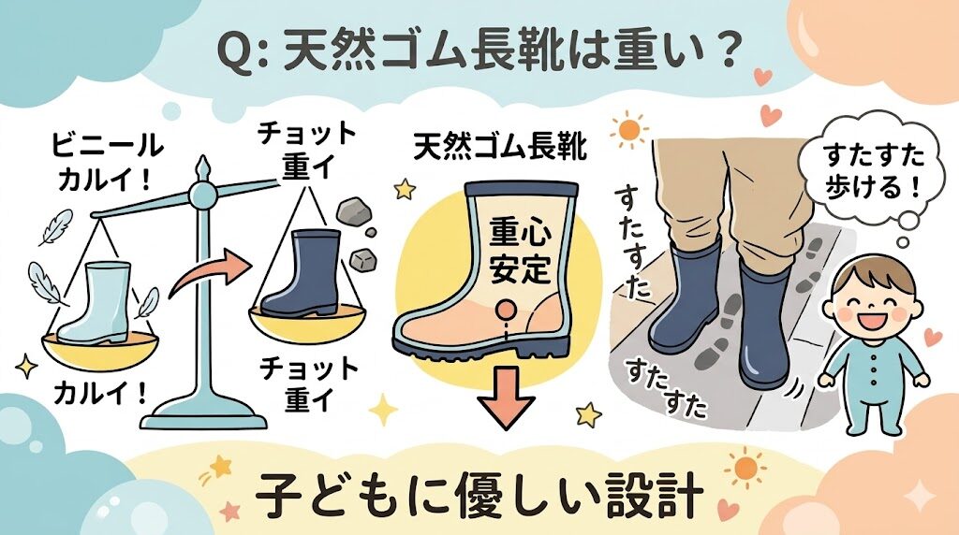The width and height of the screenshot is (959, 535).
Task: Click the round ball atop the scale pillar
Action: click(201, 194)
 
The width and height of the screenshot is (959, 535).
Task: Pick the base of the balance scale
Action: click(202, 412)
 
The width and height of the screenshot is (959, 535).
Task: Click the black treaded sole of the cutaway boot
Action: click(486, 348)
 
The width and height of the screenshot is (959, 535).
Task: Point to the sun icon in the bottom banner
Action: click(745, 466)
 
